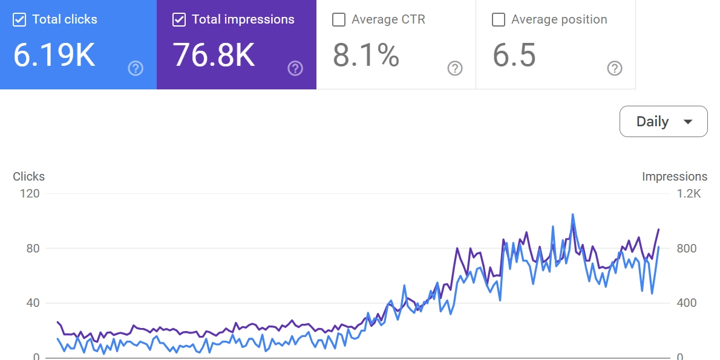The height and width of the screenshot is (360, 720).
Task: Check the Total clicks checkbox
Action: click(19, 20)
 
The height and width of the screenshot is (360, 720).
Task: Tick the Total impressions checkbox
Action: click(179, 20)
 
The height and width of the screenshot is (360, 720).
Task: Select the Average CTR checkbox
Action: click(339, 20)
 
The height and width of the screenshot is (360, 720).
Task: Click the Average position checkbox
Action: click(499, 20)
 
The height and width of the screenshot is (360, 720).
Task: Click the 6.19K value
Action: click(54, 55)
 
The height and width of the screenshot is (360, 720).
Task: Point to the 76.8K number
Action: click(214, 55)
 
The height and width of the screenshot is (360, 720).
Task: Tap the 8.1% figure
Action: click(366, 55)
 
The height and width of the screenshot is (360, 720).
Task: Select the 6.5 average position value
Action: click(514, 55)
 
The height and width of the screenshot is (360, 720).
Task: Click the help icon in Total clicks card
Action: click(136, 68)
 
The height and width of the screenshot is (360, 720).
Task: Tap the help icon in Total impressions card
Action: click(295, 68)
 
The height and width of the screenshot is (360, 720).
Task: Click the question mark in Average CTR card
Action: click(455, 68)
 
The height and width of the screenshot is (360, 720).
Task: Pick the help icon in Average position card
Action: click(615, 68)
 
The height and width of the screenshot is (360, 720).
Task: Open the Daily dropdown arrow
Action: click(687, 121)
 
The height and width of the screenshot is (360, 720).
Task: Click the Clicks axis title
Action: click(29, 176)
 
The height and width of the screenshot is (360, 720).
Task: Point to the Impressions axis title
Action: click(675, 176)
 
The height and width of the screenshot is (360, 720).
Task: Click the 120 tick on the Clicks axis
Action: click(30, 194)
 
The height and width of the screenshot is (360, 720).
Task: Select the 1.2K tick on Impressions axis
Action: click(689, 194)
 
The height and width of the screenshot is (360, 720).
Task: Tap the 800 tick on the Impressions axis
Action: click(686, 248)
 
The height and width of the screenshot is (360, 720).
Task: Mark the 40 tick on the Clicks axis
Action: click(33, 303)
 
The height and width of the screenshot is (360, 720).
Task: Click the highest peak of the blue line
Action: click(572, 214)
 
